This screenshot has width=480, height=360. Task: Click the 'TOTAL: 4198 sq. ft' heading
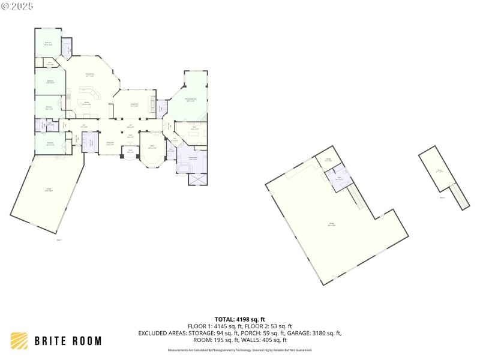tap(240, 319)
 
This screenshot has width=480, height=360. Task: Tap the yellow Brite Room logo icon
tap(20, 340)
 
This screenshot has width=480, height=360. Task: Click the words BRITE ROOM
tap(67, 341)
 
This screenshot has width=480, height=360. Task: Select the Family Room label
tap(90, 75)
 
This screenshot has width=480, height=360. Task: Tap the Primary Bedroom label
tap(190, 100)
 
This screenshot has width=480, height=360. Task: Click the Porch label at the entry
tap(130, 151)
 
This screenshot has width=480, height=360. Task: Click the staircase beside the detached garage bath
tap(356, 196)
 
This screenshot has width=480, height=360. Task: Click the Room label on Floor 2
tap(440, 170)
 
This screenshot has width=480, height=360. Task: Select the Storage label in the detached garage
tap(328, 160)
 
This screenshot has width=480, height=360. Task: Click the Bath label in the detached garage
tap(339, 178)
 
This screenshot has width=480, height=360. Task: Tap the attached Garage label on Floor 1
tap(48, 190)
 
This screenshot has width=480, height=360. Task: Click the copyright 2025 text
tap(17, 5)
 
